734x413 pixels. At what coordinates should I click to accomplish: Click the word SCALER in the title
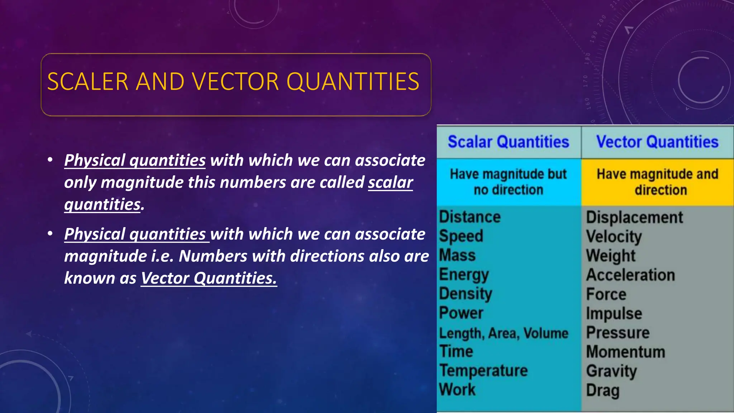(87, 81)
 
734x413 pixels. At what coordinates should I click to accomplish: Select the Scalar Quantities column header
(508, 142)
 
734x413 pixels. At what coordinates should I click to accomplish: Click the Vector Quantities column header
(657, 142)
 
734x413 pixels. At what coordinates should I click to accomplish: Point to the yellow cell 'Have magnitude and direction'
(657, 182)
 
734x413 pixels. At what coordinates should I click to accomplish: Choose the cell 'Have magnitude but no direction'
(508, 182)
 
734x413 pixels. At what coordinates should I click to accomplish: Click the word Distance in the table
(470, 217)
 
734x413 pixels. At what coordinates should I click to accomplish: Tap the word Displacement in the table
(634, 217)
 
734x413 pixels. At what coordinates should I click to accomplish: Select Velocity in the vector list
(614, 237)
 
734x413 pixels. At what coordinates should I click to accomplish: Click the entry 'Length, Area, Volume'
(504, 333)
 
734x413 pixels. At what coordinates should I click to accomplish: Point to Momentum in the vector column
(625, 352)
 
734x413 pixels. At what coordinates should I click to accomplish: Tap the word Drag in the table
(602, 390)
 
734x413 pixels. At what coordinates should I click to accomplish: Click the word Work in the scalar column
(457, 390)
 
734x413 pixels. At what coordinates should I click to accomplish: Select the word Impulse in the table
(614, 314)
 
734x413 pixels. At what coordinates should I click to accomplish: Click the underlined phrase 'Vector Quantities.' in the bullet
(209, 278)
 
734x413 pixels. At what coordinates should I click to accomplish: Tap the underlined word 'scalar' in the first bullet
(390, 182)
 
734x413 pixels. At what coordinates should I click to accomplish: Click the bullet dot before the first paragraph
(50, 160)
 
